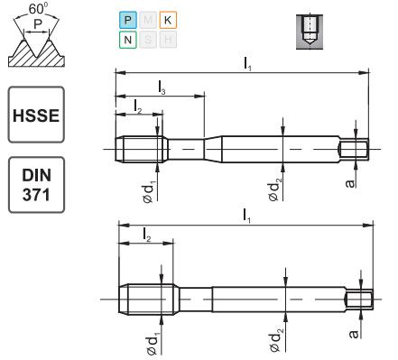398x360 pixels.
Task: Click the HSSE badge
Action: [x=35, y=115]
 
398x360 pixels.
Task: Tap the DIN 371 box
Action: [x=35, y=185]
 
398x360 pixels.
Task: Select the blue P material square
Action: [x=127, y=20]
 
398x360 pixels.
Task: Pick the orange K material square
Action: [x=167, y=20]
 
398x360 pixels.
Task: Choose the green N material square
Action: [x=127, y=40]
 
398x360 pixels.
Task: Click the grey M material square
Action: [x=147, y=20]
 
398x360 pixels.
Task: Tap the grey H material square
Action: [x=167, y=40]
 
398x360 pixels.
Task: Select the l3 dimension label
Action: [x=161, y=88]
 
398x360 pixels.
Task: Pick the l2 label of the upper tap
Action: [x=137, y=107]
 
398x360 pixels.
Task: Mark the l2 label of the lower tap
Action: [x=146, y=235]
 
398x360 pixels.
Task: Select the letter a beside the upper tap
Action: [x=354, y=183]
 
